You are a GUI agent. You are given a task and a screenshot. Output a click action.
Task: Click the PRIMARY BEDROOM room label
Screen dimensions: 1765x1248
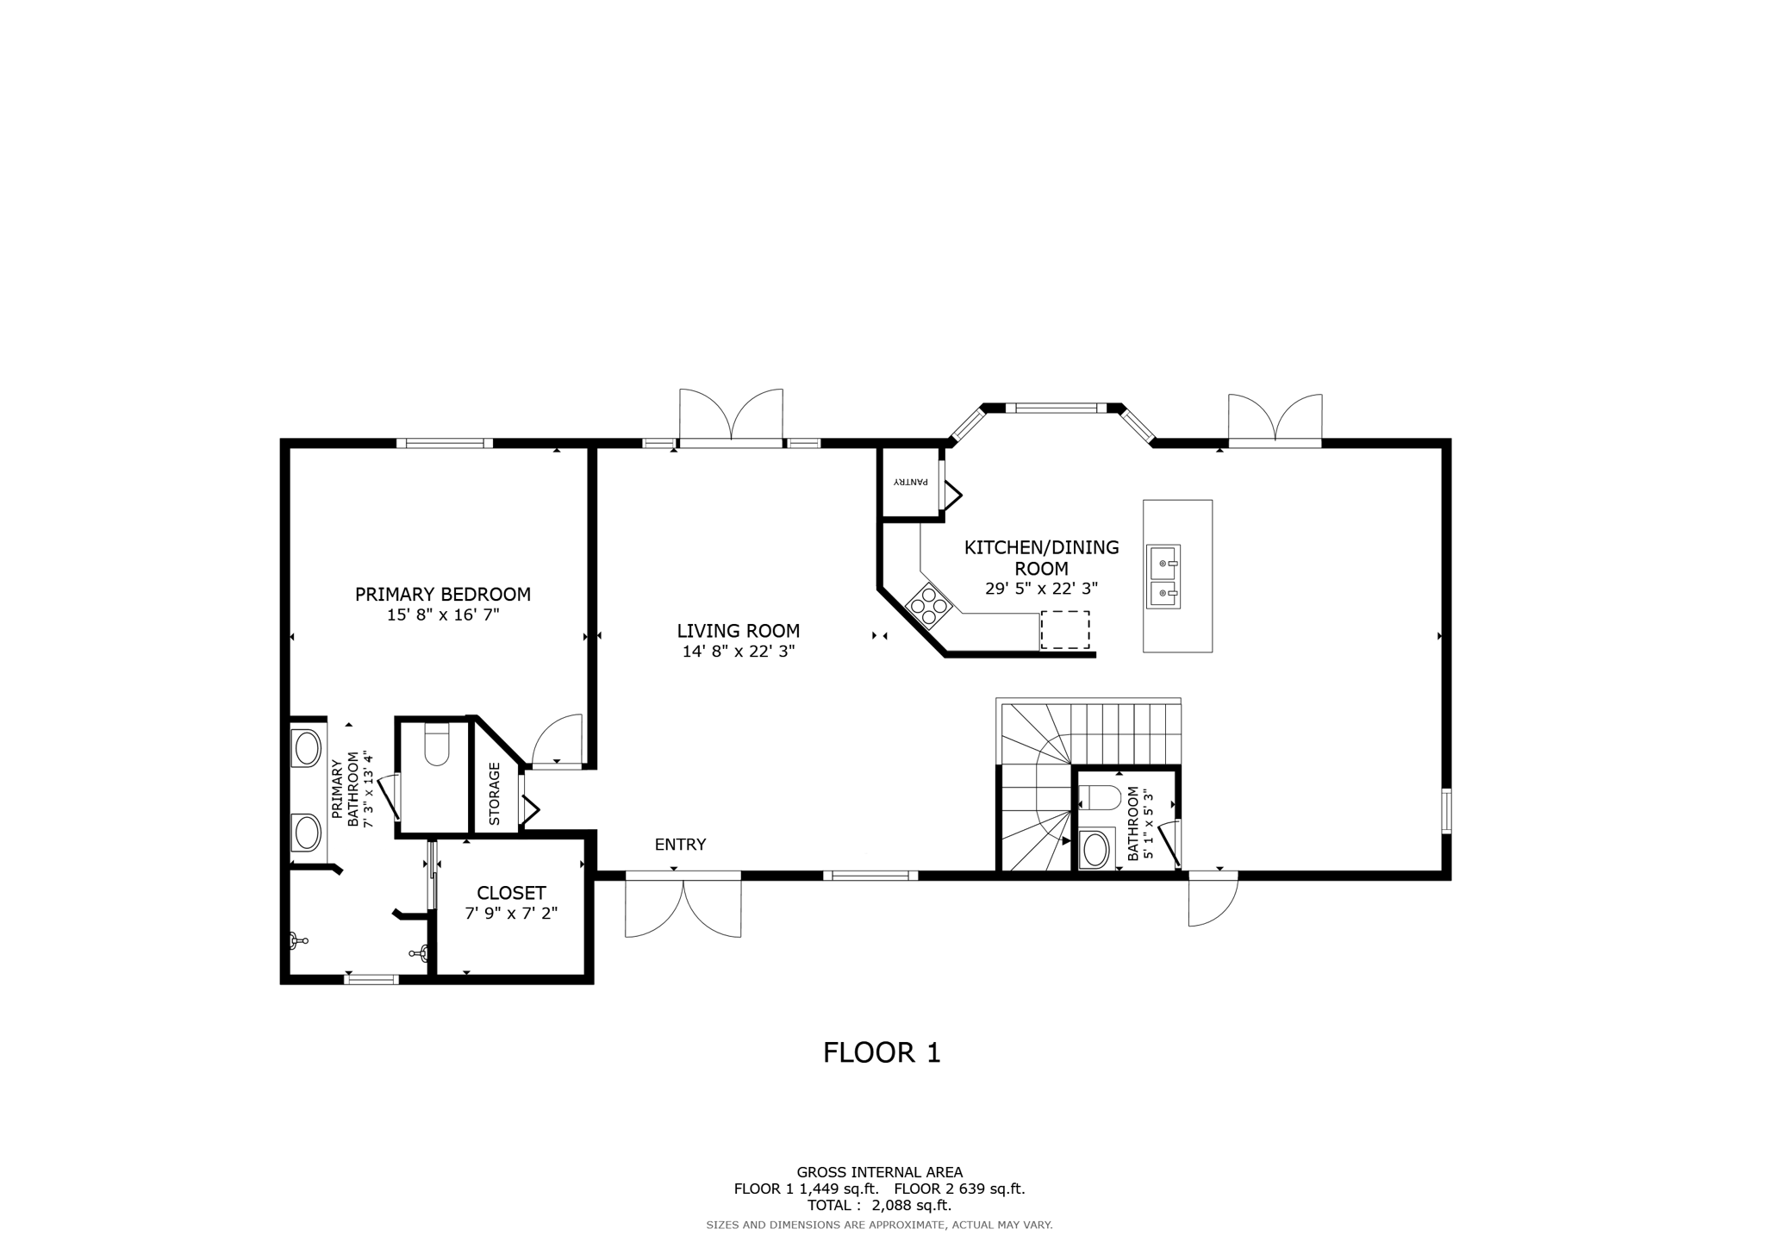tap(443, 594)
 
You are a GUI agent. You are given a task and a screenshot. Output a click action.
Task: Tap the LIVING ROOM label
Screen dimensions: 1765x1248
tap(739, 631)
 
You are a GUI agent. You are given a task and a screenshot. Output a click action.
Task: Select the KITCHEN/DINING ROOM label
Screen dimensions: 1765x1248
tap(1041, 558)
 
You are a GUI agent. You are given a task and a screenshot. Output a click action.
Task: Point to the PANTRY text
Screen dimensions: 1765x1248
tap(909, 482)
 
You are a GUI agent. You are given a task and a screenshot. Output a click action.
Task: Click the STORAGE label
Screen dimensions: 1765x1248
tap(495, 794)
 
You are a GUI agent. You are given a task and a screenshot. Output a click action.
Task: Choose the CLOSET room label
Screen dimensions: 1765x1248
tap(511, 893)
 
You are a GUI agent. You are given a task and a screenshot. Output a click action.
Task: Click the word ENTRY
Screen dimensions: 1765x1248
tap(680, 845)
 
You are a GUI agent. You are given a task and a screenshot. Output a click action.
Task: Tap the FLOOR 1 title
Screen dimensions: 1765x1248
tap(882, 1052)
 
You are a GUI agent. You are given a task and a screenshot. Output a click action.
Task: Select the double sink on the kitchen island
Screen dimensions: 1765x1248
tap(1163, 577)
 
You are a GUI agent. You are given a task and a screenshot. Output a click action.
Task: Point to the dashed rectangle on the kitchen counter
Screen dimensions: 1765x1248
tap(1065, 630)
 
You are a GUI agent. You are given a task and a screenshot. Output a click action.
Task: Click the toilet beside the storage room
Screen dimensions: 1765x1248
tap(437, 745)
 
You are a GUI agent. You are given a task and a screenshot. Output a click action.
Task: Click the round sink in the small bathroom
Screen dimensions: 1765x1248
tap(1095, 850)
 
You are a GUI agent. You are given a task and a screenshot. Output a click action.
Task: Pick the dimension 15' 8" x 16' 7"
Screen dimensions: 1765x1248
tap(443, 615)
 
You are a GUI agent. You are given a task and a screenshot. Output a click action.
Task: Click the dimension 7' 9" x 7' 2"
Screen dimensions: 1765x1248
tap(511, 914)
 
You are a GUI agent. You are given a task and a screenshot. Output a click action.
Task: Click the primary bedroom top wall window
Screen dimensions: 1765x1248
tap(445, 444)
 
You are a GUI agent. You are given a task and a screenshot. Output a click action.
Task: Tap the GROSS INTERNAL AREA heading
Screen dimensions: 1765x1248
tap(879, 1172)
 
